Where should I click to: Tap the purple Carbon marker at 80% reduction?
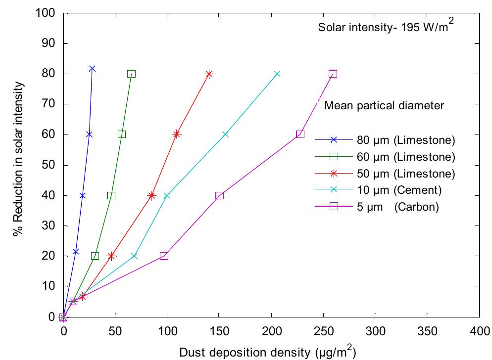333,74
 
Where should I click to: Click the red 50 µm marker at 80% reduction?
209,74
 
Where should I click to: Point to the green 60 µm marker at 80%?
131,74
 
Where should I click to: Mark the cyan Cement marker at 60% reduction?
225,135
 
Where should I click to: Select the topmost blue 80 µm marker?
92,69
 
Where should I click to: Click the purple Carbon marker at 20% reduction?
164,256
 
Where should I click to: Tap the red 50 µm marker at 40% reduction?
151,195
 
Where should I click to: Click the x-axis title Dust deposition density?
267,352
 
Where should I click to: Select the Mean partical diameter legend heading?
383,105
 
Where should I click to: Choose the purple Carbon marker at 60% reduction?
300,134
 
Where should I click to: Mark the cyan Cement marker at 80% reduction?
277,74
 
